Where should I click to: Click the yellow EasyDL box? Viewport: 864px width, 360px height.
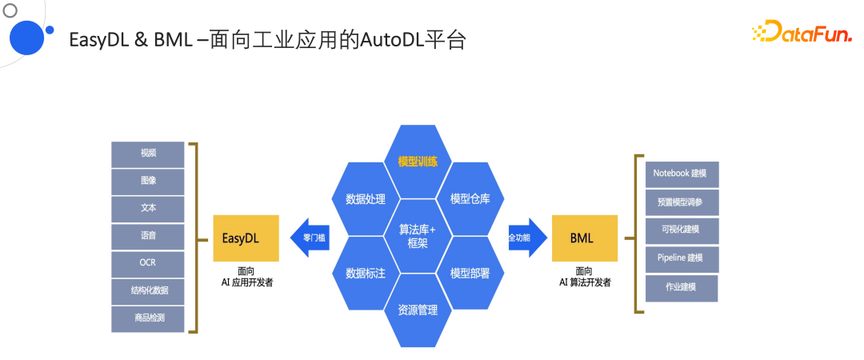click(246, 238)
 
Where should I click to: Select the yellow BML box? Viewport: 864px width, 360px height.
click(584, 238)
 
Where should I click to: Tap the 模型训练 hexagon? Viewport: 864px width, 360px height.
click(418, 161)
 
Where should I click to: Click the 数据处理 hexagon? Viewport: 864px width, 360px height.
click(366, 199)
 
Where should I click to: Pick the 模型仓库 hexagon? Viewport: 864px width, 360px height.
click(470, 199)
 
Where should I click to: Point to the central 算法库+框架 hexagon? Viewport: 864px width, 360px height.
click(418, 236)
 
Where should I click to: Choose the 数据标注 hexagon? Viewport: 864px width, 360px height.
click(366, 274)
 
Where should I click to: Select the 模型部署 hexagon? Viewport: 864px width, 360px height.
click(470, 274)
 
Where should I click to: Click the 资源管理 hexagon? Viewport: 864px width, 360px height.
click(418, 310)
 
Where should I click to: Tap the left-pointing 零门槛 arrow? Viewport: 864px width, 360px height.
click(310, 238)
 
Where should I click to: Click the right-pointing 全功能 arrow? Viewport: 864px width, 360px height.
click(525, 238)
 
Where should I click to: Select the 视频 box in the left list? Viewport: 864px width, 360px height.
click(148, 153)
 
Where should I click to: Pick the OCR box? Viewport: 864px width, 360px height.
click(148, 262)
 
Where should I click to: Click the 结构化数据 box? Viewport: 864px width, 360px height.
click(148, 290)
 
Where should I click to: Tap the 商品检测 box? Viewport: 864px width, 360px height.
click(148, 318)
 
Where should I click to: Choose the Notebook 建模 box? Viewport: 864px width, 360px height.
click(682, 174)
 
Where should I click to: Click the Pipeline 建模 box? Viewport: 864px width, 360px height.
click(682, 258)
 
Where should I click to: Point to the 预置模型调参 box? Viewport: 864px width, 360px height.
click(682, 202)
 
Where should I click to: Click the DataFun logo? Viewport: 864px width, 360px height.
click(801, 33)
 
